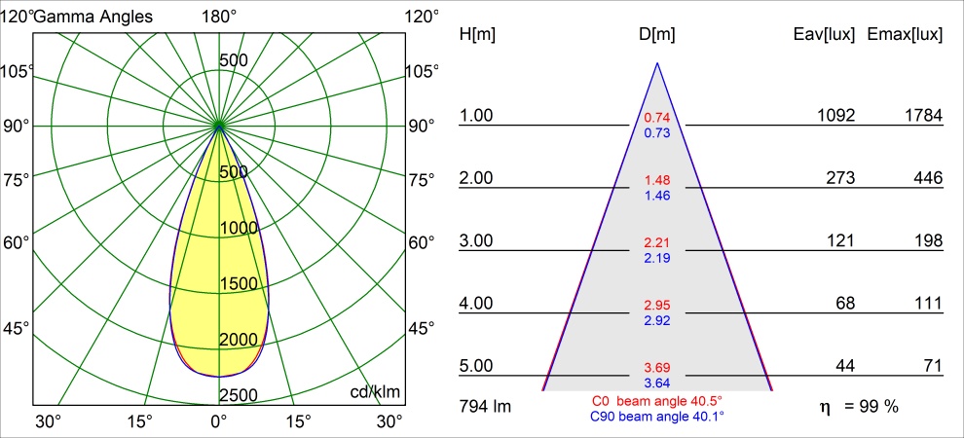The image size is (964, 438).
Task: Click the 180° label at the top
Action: [x=219, y=17]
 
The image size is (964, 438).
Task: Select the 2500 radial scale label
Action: [x=240, y=395]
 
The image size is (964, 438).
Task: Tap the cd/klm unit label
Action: [x=377, y=392]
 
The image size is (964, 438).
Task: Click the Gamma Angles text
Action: [x=93, y=18]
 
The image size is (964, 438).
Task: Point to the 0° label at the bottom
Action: [x=219, y=422]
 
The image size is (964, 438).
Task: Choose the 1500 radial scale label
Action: [x=240, y=284]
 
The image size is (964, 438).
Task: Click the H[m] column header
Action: [x=478, y=35]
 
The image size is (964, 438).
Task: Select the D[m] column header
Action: [x=657, y=35]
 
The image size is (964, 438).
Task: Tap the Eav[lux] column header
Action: [x=825, y=35]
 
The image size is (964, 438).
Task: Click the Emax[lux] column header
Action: [x=905, y=35]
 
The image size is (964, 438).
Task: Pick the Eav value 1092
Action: [x=836, y=116]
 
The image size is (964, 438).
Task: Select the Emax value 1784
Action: [x=923, y=116]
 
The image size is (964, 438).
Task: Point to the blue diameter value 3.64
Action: [x=657, y=383]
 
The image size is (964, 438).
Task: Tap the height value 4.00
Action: [x=476, y=304]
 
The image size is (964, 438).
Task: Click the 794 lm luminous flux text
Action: [x=485, y=407]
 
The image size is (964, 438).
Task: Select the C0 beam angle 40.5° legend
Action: [x=657, y=401]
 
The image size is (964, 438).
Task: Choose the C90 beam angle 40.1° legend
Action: [x=657, y=416]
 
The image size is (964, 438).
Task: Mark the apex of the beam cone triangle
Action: [x=658, y=62]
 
